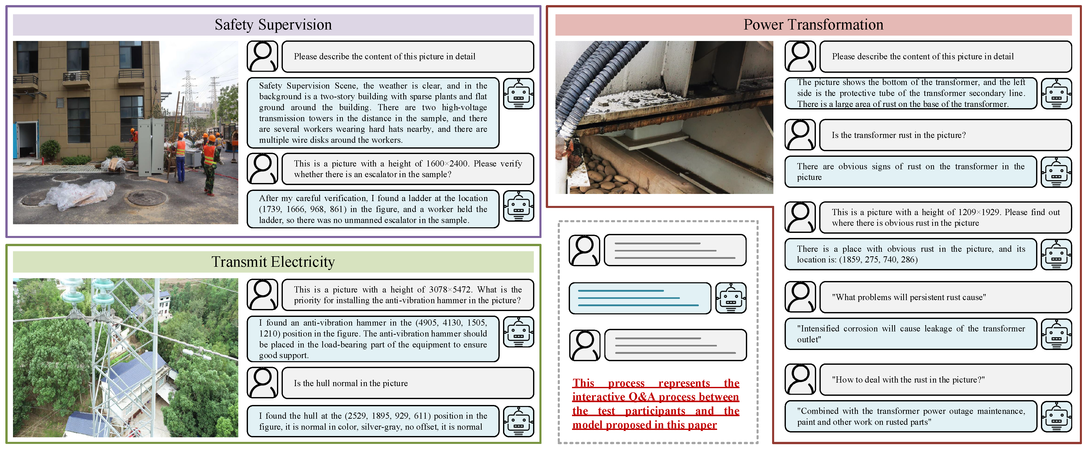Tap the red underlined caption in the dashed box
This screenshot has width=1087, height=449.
pos(655,404)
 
